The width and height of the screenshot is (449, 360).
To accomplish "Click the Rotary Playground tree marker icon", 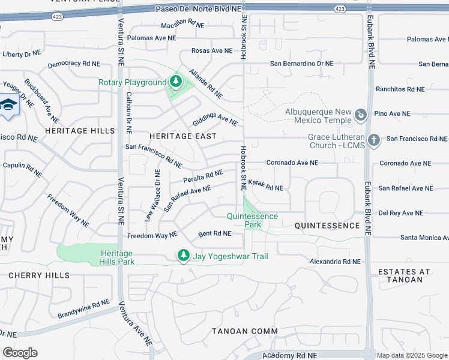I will (175, 81).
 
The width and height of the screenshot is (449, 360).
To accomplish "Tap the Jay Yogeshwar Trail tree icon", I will (184, 256).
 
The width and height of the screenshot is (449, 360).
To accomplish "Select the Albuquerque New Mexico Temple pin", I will (361, 114).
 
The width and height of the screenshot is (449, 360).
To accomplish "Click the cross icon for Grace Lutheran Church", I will (374, 140).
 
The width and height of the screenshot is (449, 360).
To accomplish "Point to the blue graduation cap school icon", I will (9, 106).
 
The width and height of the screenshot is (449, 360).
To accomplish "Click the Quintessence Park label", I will (253, 220).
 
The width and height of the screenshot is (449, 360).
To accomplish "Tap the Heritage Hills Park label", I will (118, 257).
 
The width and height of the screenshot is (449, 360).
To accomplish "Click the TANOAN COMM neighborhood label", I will (245, 331).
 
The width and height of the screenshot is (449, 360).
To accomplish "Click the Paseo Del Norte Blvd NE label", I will (198, 8).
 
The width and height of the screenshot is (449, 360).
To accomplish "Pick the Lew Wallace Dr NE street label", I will (153, 195).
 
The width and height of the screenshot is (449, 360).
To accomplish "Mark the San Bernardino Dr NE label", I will (301, 63).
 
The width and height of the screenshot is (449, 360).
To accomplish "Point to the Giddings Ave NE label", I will (215, 120).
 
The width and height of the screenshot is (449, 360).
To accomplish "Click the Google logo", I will (20, 353).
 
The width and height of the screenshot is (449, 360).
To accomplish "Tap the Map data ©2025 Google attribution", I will (411, 355).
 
